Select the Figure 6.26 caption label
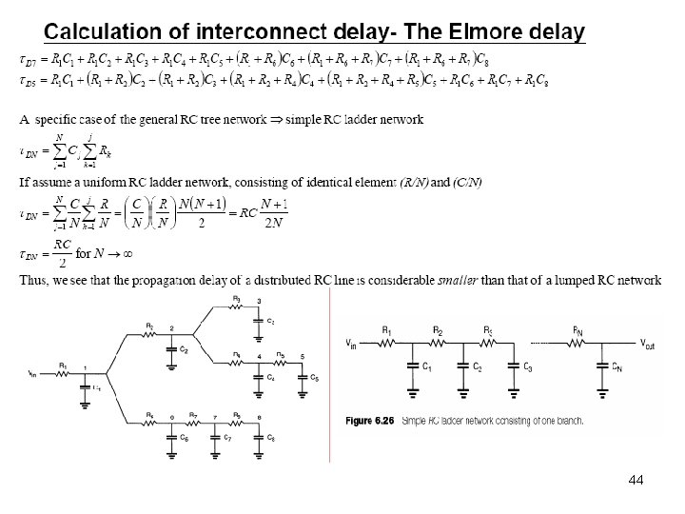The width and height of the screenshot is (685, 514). [x=368, y=421]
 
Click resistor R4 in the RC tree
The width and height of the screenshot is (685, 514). [x=236, y=359]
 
